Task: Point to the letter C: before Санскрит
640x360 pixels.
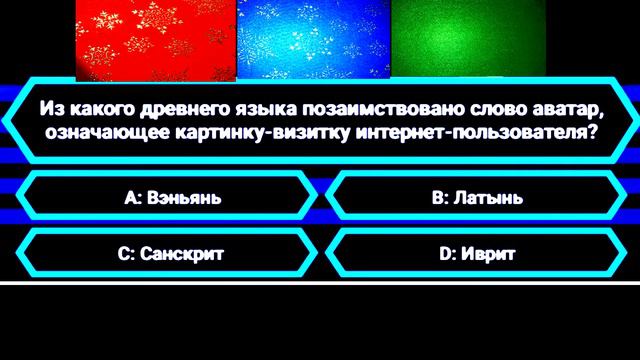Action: click(x=125, y=254)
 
